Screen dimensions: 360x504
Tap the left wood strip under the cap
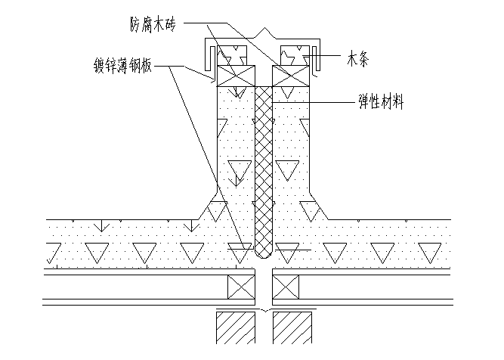tap(230, 55)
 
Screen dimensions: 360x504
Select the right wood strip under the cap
tap(292, 55)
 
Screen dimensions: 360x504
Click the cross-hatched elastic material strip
tap(263, 166)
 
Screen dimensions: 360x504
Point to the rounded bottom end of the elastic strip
tap(263, 252)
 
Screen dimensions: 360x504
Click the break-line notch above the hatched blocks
tap(263, 311)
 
